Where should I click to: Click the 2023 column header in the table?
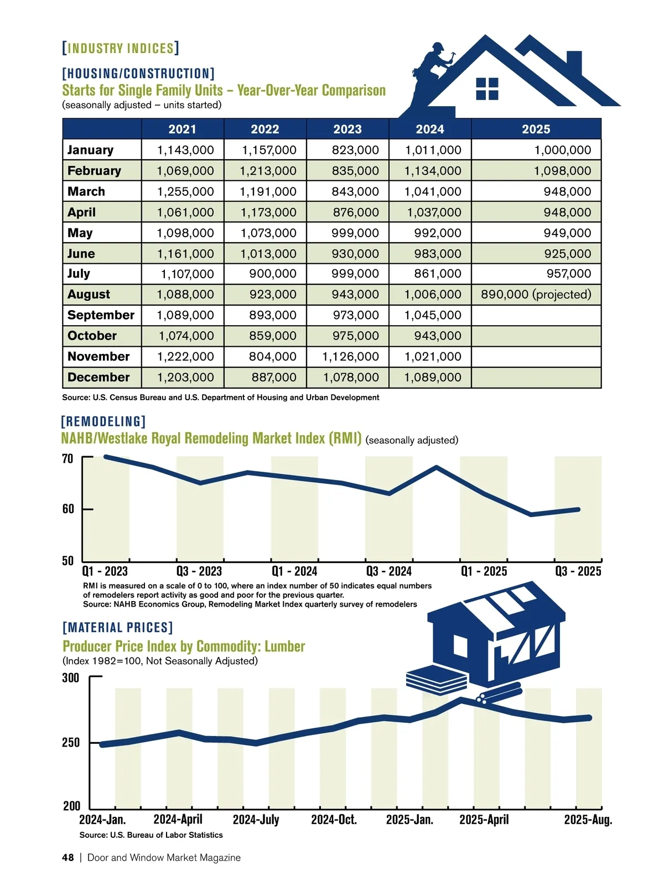click(347, 129)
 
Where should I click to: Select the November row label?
click(98, 357)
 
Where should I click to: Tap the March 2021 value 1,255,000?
click(185, 191)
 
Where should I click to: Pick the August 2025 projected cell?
click(536, 294)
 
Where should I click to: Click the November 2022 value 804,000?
click(272, 357)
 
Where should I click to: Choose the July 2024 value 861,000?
click(437, 274)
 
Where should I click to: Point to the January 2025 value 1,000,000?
click(562, 150)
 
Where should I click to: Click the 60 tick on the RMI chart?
click(68, 509)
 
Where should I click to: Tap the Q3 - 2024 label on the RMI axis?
click(389, 571)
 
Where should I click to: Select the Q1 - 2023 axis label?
click(105, 571)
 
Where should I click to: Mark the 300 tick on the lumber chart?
click(70, 677)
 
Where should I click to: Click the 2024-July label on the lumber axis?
click(256, 820)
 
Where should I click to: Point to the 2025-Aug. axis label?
click(588, 820)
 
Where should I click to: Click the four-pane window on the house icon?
click(487, 88)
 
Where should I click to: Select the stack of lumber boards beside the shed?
click(436, 681)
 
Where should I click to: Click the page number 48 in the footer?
click(68, 858)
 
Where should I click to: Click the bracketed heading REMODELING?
click(103, 422)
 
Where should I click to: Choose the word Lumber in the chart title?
click(284, 646)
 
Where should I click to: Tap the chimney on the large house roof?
click(574, 62)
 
